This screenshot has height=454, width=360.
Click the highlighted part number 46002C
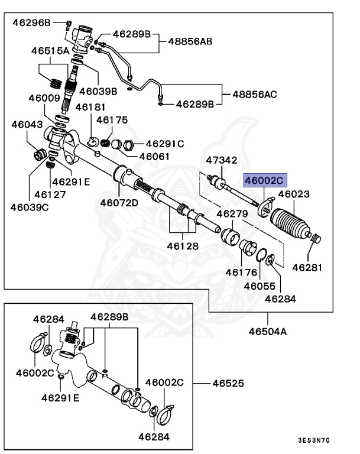click(265, 180)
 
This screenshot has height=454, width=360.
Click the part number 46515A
click(50, 51)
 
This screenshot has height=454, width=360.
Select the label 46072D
click(119, 203)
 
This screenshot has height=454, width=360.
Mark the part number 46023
click(294, 193)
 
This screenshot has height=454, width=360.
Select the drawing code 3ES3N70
click(313, 440)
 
